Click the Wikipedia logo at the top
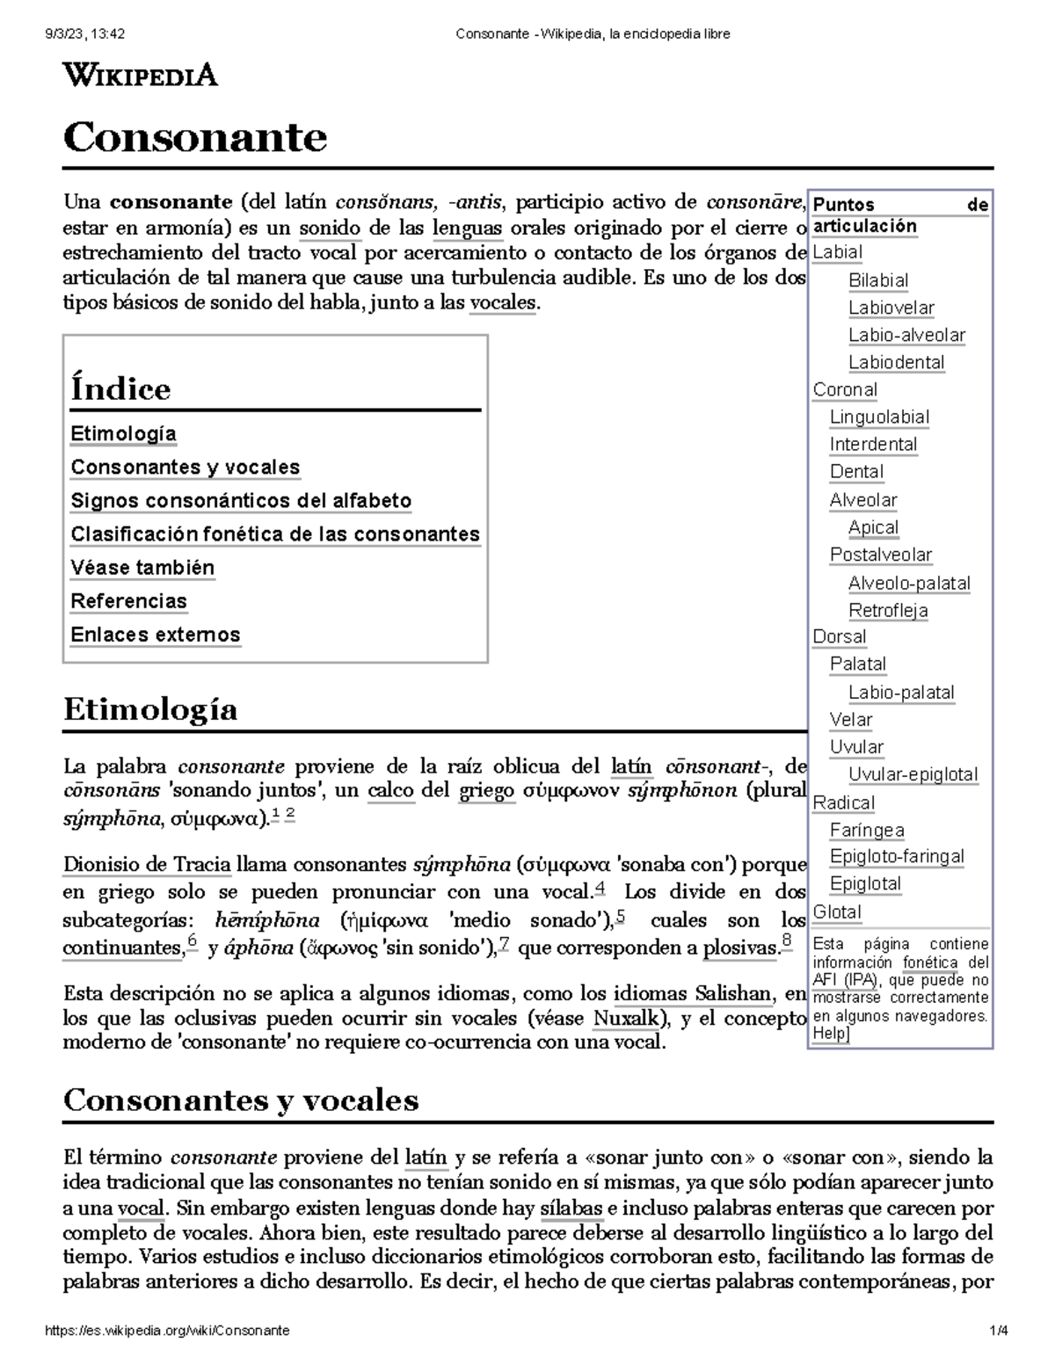[x=140, y=76]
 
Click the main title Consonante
[x=195, y=137]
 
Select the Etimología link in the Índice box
[x=123, y=433]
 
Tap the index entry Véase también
[x=142, y=568]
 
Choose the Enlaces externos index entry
[x=156, y=635]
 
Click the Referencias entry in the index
[x=128, y=601]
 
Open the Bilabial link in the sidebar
[x=877, y=280]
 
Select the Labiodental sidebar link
[x=896, y=362]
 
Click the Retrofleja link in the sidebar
[x=888, y=610]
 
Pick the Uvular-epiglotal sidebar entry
[x=913, y=774]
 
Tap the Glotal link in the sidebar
[x=837, y=911]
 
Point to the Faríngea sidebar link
[x=867, y=830]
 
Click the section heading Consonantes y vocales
[x=241, y=1100]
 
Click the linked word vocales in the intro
[x=502, y=303]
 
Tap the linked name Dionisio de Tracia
[x=147, y=865]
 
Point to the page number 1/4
[x=998, y=1331]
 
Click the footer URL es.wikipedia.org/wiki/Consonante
[x=167, y=1331]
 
